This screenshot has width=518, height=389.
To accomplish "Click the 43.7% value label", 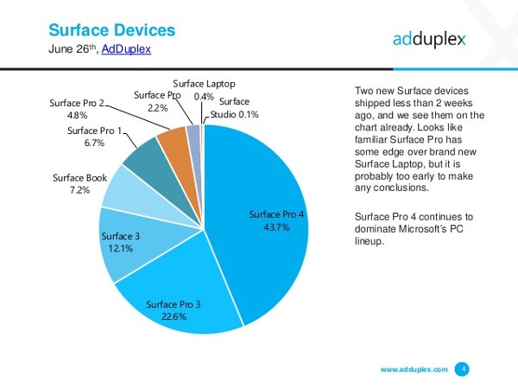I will pyautogui.click(x=276, y=226).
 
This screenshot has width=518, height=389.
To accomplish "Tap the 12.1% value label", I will pyautogui.click(x=120, y=250).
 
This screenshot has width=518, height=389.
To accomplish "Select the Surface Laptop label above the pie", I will pyautogui.click(x=203, y=83).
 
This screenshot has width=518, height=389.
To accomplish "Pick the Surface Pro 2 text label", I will pyautogui.click(x=76, y=102).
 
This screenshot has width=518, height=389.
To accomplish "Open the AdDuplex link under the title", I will pyautogui.click(x=126, y=49).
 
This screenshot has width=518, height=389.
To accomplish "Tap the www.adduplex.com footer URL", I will pyautogui.click(x=414, y=369).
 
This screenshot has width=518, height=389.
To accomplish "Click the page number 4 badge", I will pyautogui.click(x=464, y=369).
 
